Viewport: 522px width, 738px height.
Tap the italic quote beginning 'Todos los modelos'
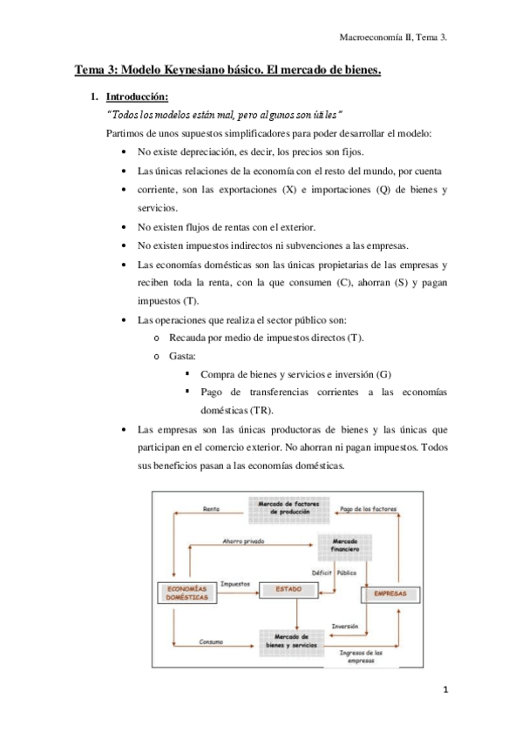pos(223,115)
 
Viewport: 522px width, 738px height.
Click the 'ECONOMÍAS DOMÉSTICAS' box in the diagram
pos(186,594)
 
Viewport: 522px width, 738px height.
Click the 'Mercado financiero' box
pos(339,545)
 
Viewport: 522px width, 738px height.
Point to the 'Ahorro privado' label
pos(242,540)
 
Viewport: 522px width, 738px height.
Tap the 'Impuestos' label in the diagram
pos(235,584)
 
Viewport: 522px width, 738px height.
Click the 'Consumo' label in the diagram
pos(211,642)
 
